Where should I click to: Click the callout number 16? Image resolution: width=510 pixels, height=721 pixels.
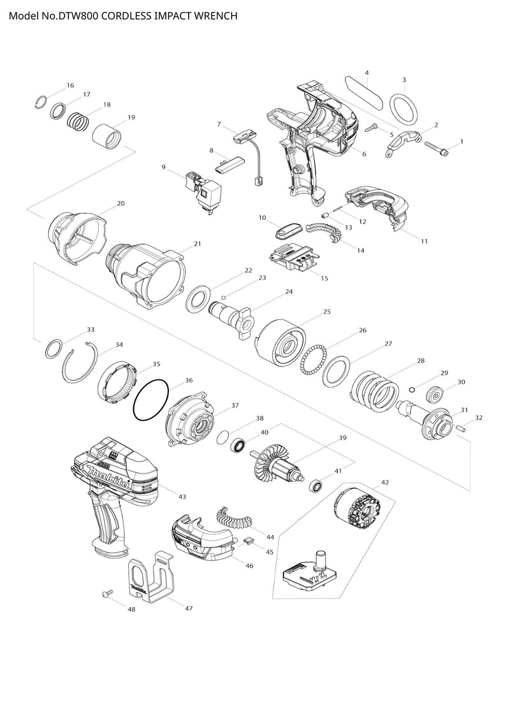click(x=70, y=85)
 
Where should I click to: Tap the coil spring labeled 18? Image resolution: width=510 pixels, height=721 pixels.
click(x=78, y=122)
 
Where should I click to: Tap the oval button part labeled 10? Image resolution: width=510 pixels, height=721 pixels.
click(x=288, y=230)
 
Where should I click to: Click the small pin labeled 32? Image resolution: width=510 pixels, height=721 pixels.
click(x=463, y=428)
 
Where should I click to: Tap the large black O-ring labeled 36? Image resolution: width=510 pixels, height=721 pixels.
click(x=152, y=400)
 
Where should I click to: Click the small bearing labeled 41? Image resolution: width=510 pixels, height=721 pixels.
click(x=316, y=485)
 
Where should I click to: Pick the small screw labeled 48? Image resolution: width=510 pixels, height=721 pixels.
click(x=106, y=594)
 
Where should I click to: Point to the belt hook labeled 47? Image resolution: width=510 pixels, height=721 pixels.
click(x=151, y=577)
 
